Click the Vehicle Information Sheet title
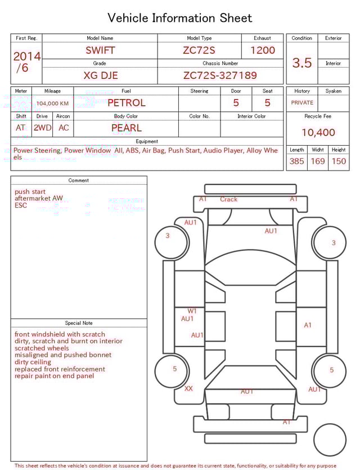tap(180, 18)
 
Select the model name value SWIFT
tap(100, 50)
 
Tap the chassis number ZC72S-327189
tap(220, 75)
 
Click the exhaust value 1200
tap(263, 50)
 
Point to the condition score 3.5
tap(301, 62)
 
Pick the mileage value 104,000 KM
tap(52, 104)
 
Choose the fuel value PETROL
tap(126, 102)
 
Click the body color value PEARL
tap(126, 128)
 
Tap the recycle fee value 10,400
tap(318, 132)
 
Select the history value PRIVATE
tap(302, 103)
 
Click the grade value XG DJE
tap(100, 75)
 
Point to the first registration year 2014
tap(26, 56)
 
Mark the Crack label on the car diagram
tap(228, 199)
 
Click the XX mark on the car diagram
tap(188, 388)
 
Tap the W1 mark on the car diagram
tap(192, 311)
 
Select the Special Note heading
tap(79, 323)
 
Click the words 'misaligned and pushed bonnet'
tap(63, 355)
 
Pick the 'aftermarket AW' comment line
tap(39, 199)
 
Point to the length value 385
tap(296, 161)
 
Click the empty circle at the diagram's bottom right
tap(330, 440)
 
